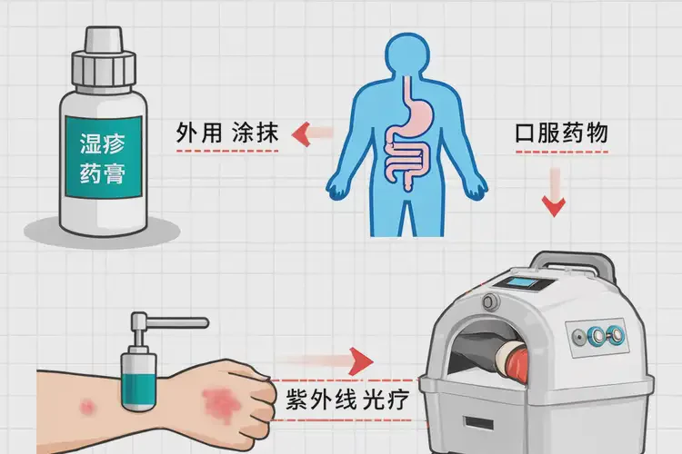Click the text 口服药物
pyautogui.click(x=560, y=133)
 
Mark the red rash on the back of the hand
pyautogui.click(x=218, y=399)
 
